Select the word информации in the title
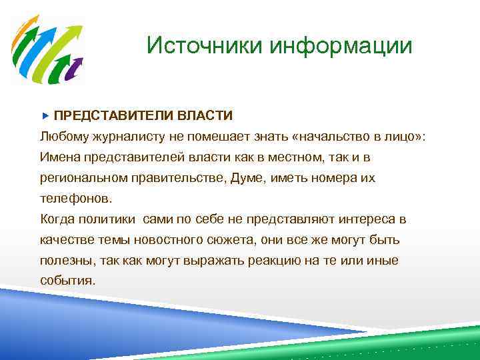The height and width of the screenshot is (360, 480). (341, 46)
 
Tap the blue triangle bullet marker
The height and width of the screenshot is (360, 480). (45, 116)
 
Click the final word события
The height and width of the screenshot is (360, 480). (67, 281)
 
